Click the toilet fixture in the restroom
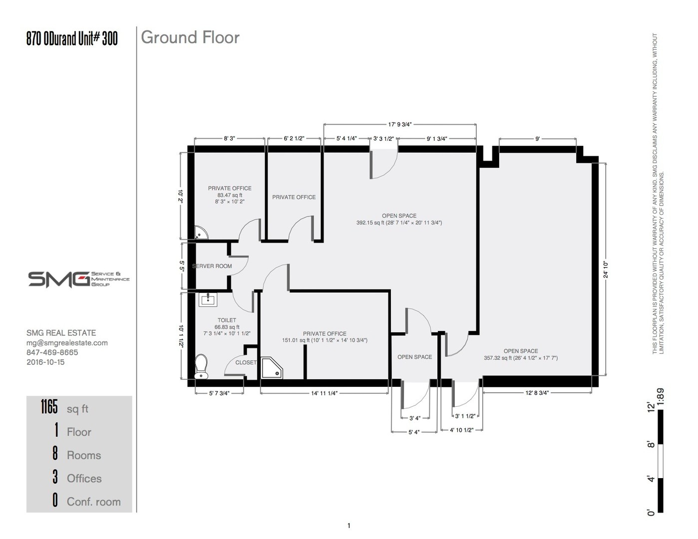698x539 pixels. (201, 366)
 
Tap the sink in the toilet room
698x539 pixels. (208, 299)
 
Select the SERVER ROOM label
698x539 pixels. (212, 266)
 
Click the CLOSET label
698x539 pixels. (246, 362)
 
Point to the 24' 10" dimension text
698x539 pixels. (606, 269)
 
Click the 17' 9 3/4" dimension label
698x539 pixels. (399, 125)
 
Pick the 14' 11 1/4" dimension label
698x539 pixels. (324, 393)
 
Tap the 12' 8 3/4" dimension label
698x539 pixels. (537, 393)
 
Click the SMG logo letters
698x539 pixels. (59, 279)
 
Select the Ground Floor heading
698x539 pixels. (190, 37)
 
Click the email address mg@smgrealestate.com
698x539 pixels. (67, 343)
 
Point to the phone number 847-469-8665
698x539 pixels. (52, 352)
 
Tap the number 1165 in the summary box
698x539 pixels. (49, 407)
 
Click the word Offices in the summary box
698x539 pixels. (84, 479)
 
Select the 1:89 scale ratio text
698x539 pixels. (661, 397)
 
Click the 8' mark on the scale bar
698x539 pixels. (651, 445)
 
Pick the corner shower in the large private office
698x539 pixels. (272, 368)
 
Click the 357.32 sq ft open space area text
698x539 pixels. (521, 358)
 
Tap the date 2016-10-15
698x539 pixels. (45, 362)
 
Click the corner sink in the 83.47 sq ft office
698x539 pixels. (200, 233)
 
